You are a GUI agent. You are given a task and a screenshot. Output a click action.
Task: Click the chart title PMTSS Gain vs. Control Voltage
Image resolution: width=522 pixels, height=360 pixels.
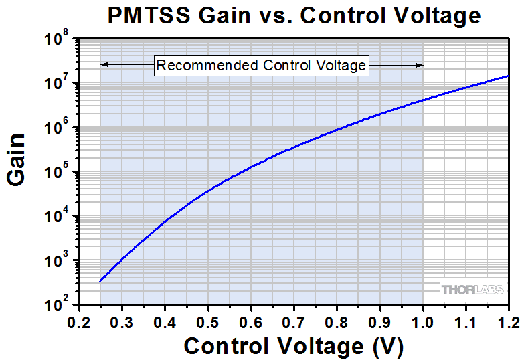point(294,15)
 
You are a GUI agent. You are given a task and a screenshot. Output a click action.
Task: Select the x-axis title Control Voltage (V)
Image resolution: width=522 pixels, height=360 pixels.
point(294,346)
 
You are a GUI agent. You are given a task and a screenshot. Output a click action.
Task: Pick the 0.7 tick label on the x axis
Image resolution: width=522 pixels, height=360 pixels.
point(294,321)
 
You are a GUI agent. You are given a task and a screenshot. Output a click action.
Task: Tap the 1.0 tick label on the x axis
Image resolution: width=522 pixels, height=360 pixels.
point(423,321)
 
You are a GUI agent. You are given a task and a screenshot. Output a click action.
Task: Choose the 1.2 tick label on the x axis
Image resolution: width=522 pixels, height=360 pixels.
point(508,321)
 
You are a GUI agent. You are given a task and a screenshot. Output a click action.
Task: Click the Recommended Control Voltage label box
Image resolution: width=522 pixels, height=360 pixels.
point(262,65)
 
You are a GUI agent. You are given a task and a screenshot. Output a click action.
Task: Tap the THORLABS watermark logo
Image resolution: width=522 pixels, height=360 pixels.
point(471,289)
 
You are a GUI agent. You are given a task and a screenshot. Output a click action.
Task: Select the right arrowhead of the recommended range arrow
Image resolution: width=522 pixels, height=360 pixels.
point(420,65)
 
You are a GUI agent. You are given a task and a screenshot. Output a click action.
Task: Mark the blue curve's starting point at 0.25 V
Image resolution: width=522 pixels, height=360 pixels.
point(100,281)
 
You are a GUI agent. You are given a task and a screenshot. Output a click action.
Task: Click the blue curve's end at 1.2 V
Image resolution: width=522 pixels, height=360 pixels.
point(509,76)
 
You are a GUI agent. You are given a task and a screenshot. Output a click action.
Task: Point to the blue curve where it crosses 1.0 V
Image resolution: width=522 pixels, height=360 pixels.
point(423,100)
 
